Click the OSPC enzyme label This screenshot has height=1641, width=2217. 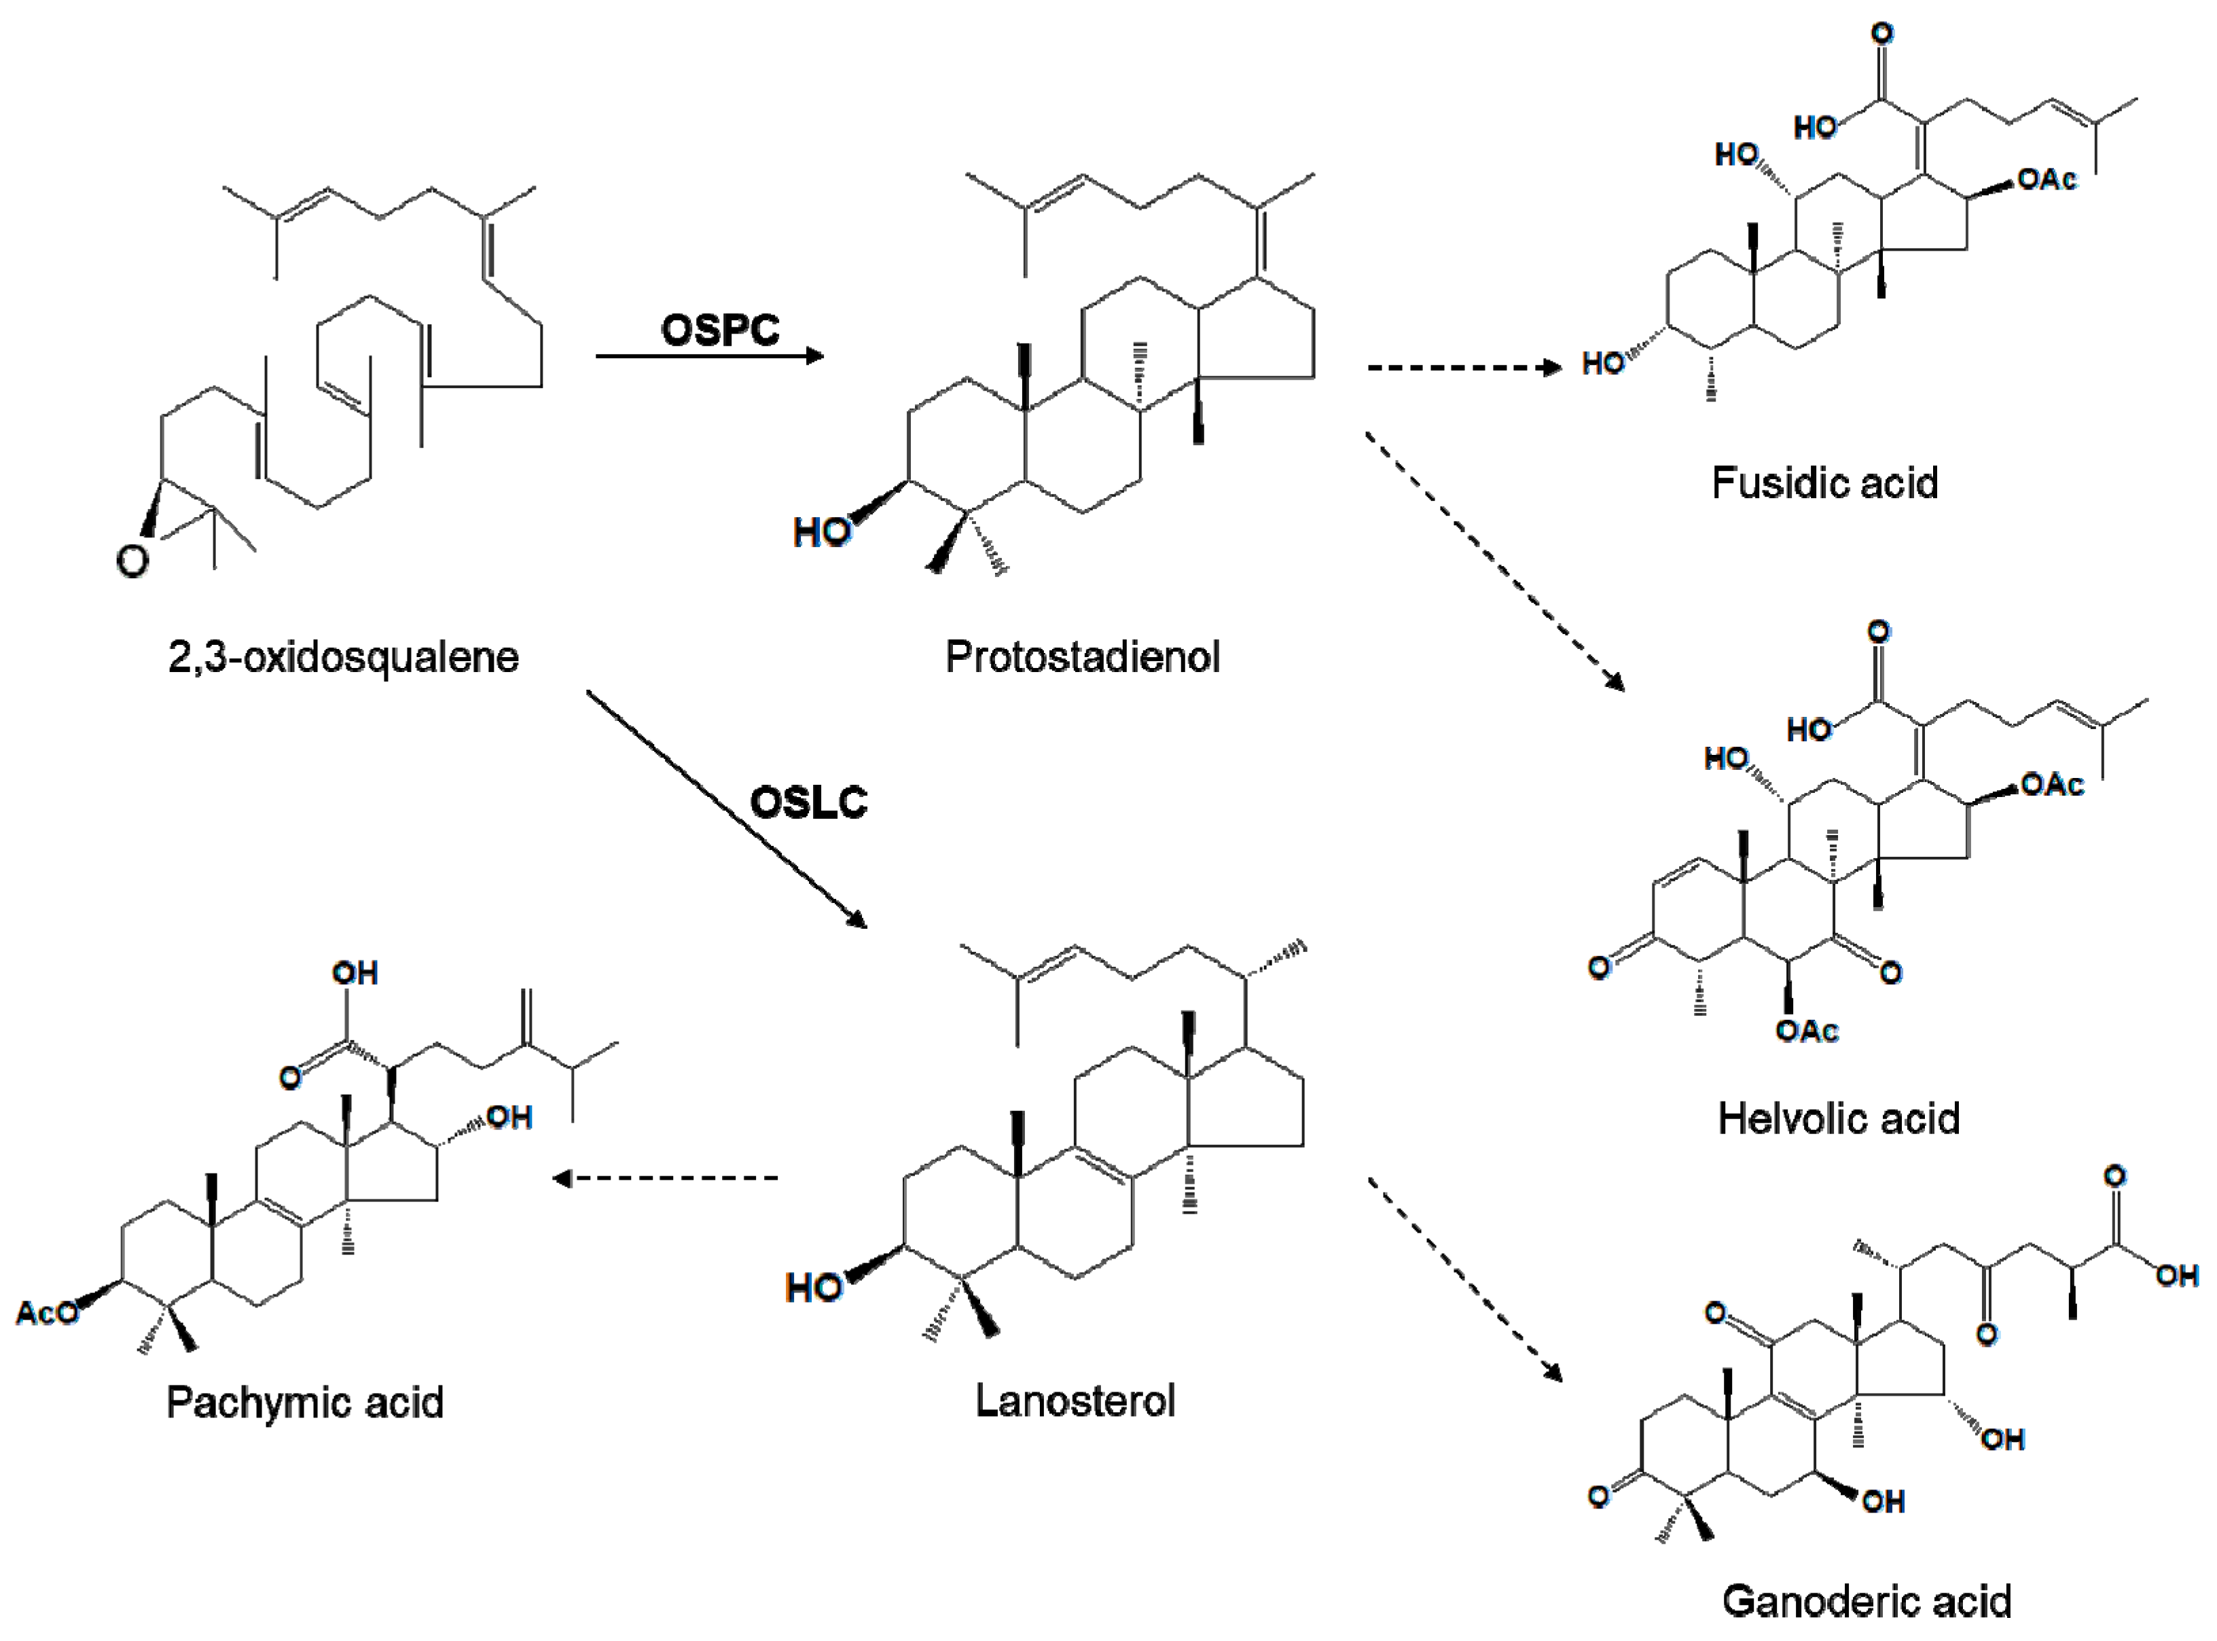(720, 330)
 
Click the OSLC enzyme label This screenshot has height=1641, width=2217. (808, 802)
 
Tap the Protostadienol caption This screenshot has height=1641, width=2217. (1082, 656)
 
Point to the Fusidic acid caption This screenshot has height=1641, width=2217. (1824, 482)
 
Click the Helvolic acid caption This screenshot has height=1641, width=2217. (1839, 1118)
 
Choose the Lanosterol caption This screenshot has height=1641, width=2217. (1075, 1400)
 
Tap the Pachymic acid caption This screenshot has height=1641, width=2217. (305, 1402)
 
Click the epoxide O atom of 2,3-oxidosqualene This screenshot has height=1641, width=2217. (132, 561)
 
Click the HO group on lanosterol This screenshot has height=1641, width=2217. (813, 1288)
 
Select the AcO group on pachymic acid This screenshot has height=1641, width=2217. (46, 1313)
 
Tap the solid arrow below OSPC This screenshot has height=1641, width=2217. (710, 355)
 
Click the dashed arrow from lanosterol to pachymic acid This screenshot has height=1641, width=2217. (665, 1178)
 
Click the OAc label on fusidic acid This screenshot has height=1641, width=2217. (2047, 179)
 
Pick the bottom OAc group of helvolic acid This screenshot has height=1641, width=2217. (1807, 1031)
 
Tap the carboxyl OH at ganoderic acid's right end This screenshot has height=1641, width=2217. (2176, 1275)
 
